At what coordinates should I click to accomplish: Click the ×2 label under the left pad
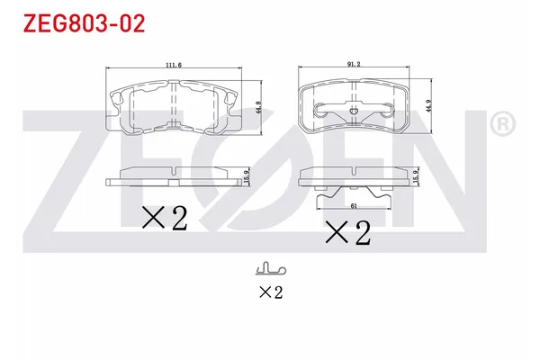(x=166, y=218)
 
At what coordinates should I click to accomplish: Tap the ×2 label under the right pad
(x=348, y=233)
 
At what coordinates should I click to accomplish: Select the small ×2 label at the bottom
(x=270, y=292)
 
